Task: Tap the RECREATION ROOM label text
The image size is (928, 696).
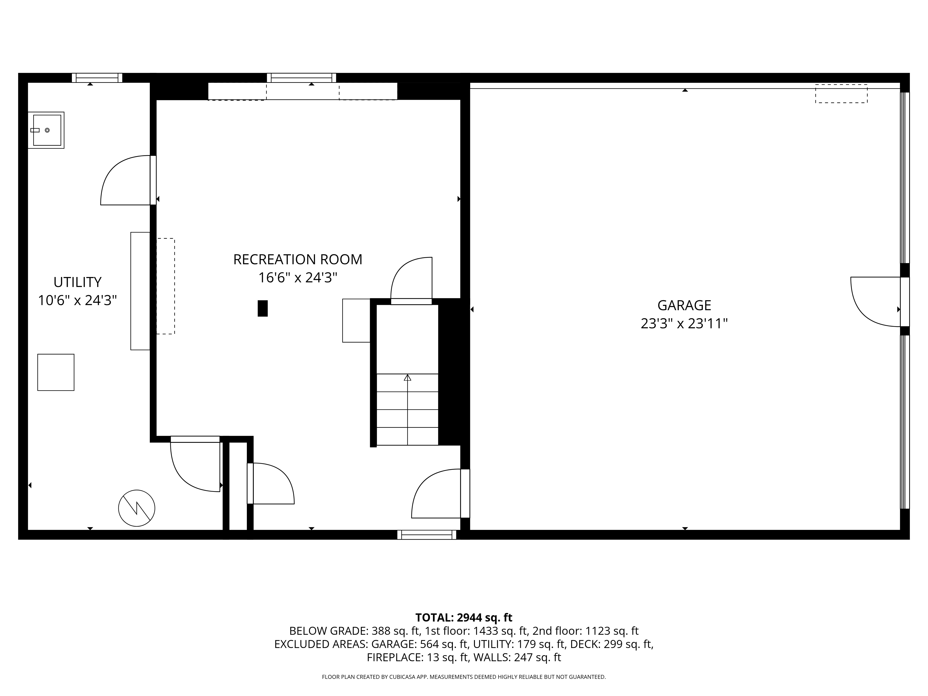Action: (x=297, y=260)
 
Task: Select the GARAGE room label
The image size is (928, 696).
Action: (x=684, y=305)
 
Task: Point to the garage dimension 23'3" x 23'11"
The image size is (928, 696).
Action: (x=684, y=324)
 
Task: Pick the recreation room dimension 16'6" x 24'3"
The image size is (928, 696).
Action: (x=297, y=278)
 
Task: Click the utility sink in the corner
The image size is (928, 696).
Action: (x=46, y=130)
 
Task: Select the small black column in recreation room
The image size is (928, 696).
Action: (x=263, y=308)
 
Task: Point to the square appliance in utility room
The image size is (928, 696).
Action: (x=56, y=372)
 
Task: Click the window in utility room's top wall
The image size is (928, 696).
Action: (x=97, y=78)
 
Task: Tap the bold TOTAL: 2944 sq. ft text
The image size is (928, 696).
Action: (x=464, y=618)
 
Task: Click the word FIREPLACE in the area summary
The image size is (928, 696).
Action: (x=394, y=657)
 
